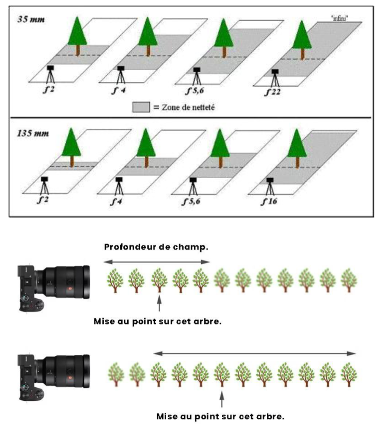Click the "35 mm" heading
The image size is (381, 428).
(31, 20)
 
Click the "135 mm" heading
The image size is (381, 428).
(33, 133)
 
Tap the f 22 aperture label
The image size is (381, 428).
(273, 92)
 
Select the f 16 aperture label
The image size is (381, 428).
(269, 202)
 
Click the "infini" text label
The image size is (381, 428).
(339, 18)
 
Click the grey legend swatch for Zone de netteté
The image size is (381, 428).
(141, 107)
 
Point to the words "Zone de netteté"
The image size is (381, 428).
(189, 107)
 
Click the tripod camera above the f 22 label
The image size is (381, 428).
(275, 78)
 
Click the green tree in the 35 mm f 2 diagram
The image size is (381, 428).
(77, 36)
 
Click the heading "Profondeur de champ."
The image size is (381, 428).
(156, 247)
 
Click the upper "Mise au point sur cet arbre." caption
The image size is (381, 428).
(157, 321)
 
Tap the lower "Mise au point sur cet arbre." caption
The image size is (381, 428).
(220, 417)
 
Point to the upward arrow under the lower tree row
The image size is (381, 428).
(222, 399)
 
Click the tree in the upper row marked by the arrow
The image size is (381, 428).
(159, 281)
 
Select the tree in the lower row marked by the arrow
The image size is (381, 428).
(222, 375)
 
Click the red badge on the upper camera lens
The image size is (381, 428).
(70, 289)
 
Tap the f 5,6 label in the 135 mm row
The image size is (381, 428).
(191, 202)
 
